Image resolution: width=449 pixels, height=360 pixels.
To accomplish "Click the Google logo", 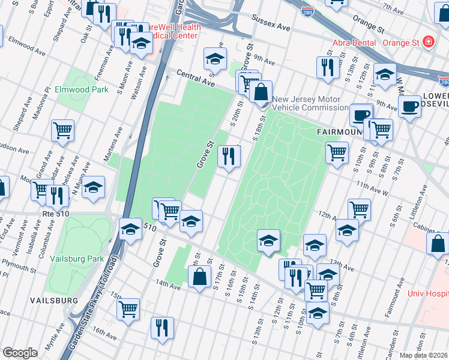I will click(x=20, y=352).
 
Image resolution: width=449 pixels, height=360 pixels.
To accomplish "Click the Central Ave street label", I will click(x=195, y=77).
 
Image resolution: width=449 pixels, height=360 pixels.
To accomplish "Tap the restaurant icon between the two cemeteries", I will click(x=229, y=156).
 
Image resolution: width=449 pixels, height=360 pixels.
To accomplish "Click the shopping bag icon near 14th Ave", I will click(x=199, y=277).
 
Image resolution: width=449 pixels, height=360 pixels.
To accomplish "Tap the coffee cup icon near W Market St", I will click(x=411, y=107).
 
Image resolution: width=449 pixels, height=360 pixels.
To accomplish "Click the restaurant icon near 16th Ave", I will click(x=162, y=328).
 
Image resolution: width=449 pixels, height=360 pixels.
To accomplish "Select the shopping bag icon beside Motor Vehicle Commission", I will click(x=261, y=92).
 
